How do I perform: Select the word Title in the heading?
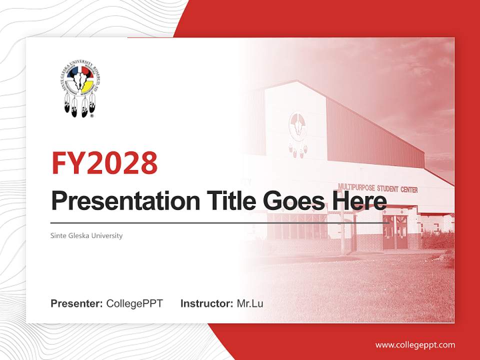click(x=223, y=200)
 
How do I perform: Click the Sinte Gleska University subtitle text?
click(x=86, y=235)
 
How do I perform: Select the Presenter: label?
click(x=77, y=303)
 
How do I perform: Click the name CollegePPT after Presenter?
click(x=134, y=303)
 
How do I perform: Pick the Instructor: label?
click(x=206, y=303)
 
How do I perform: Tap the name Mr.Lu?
click(x=250, y=303)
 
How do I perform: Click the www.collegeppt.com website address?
click(x=415, y=345)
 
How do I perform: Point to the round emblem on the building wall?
click(x=298, y=125)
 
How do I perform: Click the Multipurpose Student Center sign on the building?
click(x=378, y=188)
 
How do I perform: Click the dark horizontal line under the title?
click(x=220, y=223)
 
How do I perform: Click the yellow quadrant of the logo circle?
click(x=88, y=86)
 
